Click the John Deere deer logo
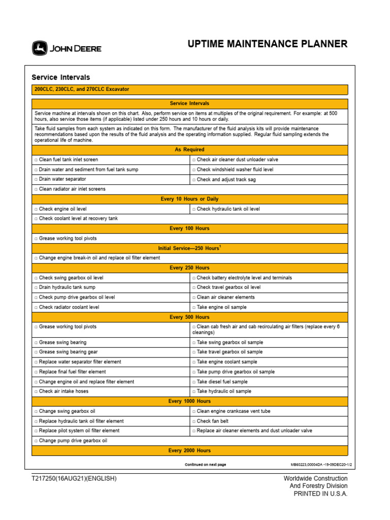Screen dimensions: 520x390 click(40, 49)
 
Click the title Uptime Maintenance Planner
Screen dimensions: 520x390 click(268, 44)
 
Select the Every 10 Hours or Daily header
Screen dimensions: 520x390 click(189, 199)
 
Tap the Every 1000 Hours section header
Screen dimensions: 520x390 click(189, 401)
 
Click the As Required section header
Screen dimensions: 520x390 click(189, 150)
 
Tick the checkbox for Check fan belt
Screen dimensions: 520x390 click(194, 421)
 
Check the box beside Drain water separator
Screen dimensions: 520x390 click(36, 179)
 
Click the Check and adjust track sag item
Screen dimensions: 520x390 click(228, 179)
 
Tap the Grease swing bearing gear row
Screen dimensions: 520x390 click(68, 352)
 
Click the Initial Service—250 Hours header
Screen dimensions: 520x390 click(189, 248)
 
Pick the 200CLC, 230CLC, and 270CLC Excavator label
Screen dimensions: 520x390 click(82, 89)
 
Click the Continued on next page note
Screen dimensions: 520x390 click(205, 465)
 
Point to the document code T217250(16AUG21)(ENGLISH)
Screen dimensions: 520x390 click(74, 479)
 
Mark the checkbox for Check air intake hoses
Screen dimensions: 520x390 click(36, 392)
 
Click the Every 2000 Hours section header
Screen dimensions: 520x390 click(189, 450)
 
